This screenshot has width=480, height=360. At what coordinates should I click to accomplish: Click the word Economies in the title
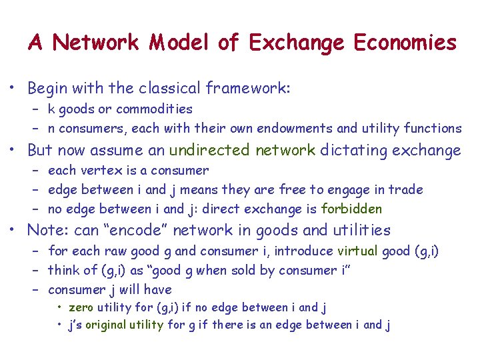(x=405, y=43)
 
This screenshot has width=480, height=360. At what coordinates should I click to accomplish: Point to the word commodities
(x=154, y=109)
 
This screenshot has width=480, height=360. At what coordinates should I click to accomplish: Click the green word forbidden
(x=351, y=209)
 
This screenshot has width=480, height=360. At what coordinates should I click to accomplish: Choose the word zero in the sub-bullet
(x=81, y=307)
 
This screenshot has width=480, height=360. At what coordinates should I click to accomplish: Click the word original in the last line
(x=123, y=325)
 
